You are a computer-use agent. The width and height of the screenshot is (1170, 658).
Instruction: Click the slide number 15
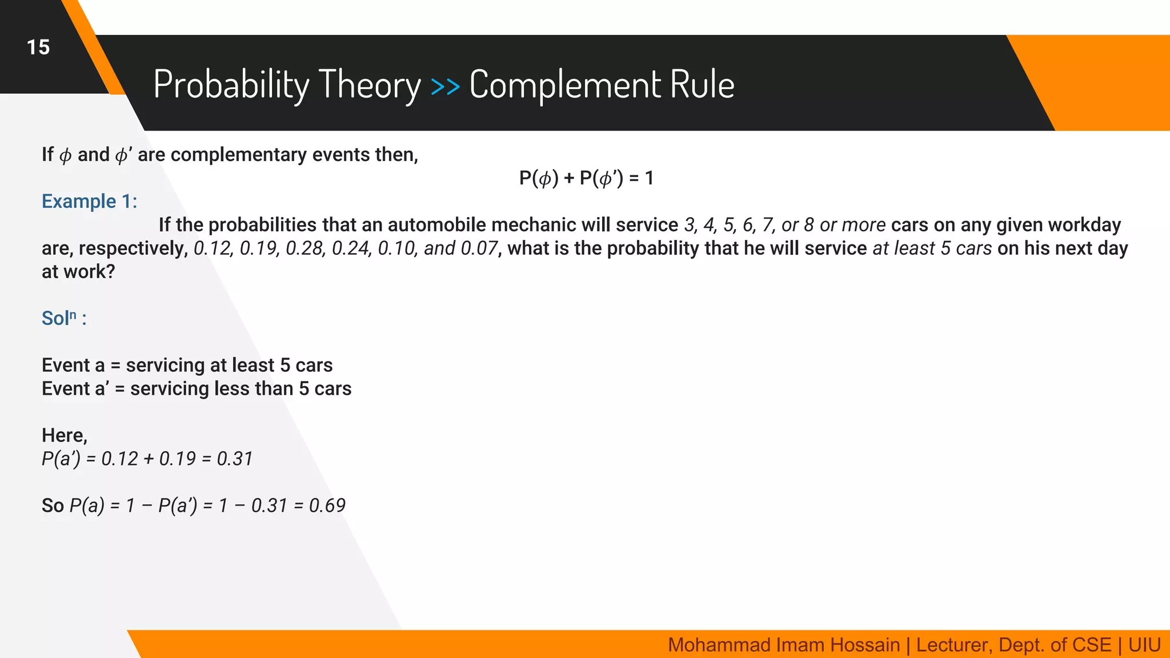click(38, 47)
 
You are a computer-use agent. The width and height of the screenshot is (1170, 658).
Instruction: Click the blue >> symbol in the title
click(445, 86)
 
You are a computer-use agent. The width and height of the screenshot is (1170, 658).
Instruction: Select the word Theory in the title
click(369, 85)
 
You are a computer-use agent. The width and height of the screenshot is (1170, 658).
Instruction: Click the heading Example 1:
click(89, 202)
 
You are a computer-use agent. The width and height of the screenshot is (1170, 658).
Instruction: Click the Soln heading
click(63, 318)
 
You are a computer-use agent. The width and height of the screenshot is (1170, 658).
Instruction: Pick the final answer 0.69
click(327, 505)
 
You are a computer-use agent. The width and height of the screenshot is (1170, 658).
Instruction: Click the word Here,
click(65, 436)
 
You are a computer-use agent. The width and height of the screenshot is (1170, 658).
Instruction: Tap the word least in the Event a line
click(253, 366)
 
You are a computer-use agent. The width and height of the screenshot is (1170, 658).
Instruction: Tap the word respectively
click(133, 248)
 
